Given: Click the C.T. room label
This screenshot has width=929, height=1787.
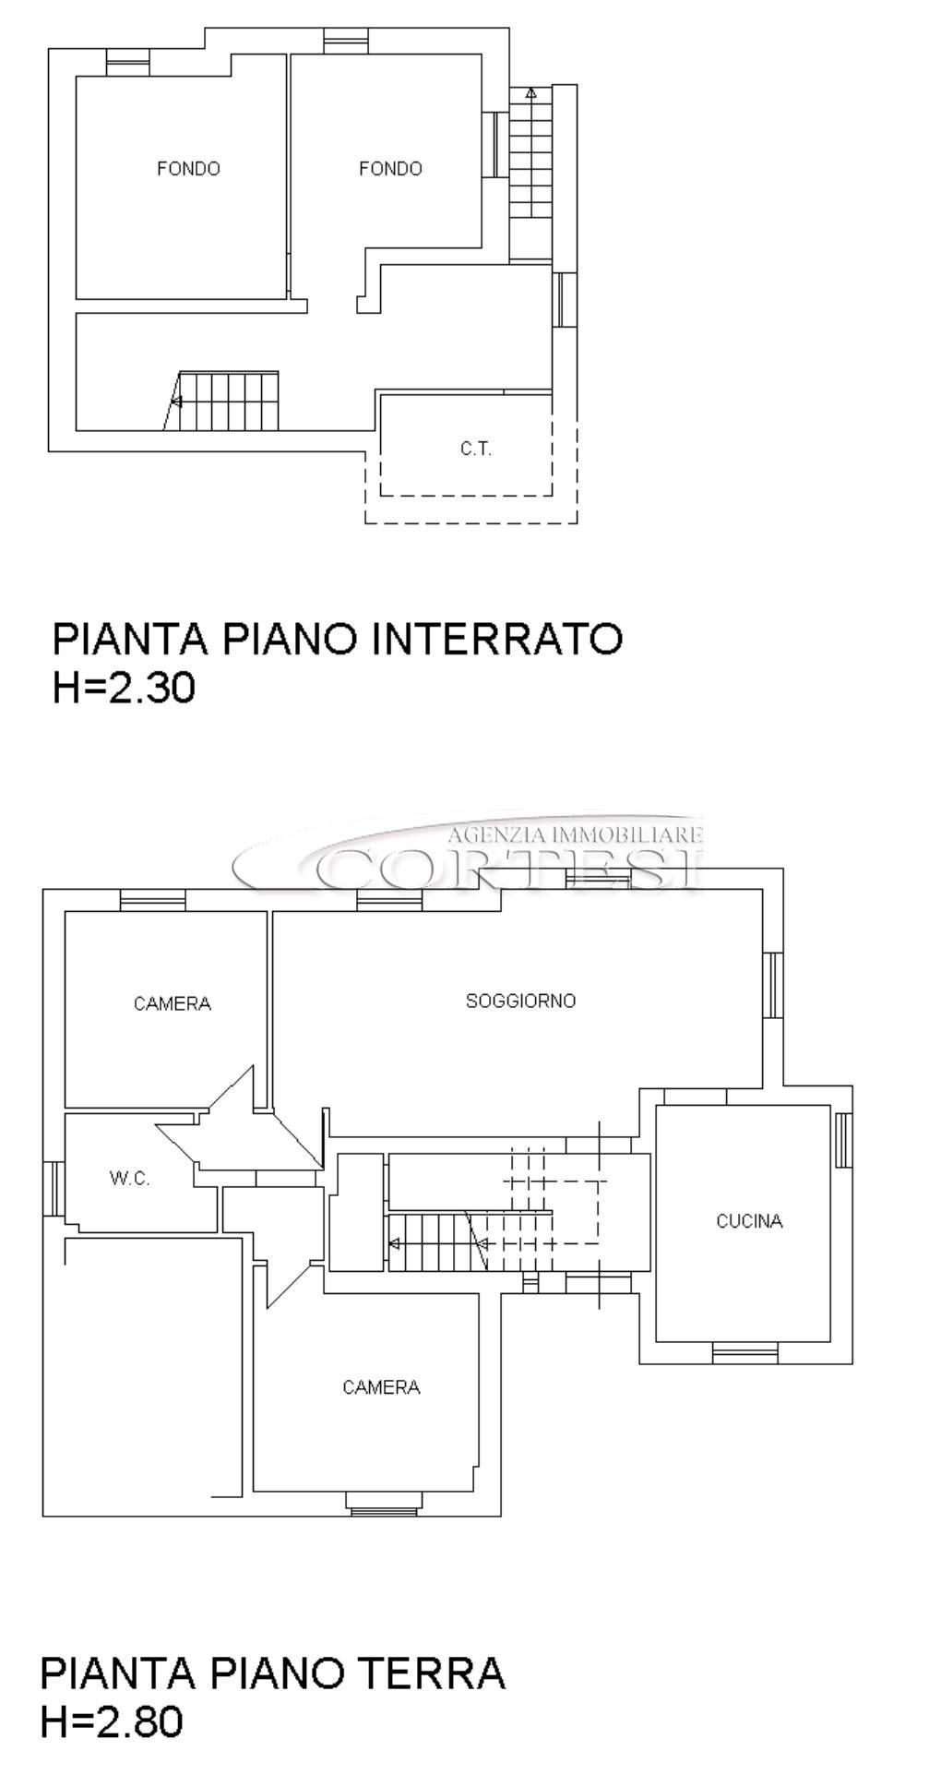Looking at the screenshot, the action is point(476,450).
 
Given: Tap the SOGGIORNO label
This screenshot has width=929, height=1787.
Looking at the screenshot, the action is point(520,1001).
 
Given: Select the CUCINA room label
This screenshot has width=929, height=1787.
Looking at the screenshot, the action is point(749,1221).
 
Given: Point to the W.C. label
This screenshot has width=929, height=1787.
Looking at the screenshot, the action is point(129,1179).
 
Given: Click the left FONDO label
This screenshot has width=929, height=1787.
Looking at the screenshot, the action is point(188,169).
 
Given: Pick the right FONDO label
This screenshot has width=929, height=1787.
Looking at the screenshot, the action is point(390,169).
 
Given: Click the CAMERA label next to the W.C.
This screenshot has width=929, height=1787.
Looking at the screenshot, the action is point(173,1003).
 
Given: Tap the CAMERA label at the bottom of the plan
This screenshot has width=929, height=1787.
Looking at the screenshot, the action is point(381,1387).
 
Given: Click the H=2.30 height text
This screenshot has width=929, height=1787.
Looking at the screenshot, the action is point(124,688).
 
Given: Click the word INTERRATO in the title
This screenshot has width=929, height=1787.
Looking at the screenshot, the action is point(497,639).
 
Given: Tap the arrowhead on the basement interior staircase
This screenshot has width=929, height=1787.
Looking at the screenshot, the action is point(176,402).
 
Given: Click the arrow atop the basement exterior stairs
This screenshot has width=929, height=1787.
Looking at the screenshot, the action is point(530,92).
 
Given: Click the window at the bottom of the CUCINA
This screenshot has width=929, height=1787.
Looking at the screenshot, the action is point(744,1353).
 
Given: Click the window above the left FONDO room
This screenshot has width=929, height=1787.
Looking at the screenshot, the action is point(127,62).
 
